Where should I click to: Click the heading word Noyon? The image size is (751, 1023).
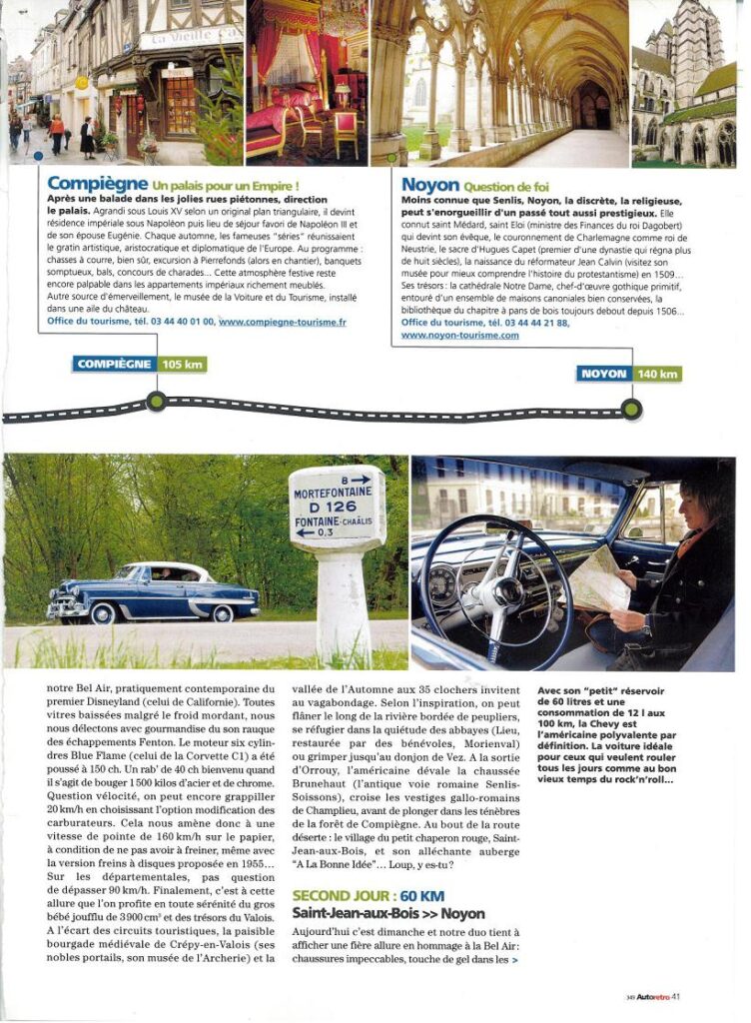click(x=429, y=185)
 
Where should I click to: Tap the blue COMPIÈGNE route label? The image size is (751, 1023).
click(x=114, y=365)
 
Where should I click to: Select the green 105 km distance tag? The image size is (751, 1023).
click(x=181, y=365)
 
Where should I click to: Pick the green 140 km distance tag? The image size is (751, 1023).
click(x=657, y=374)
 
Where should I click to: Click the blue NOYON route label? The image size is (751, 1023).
click(x=603, y=374)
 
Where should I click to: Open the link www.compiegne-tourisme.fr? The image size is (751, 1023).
click(x=283, y=322)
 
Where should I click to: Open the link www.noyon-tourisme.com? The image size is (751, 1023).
click(x=459, y=336)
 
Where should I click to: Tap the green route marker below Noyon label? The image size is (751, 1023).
click(x=630, y=408)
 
